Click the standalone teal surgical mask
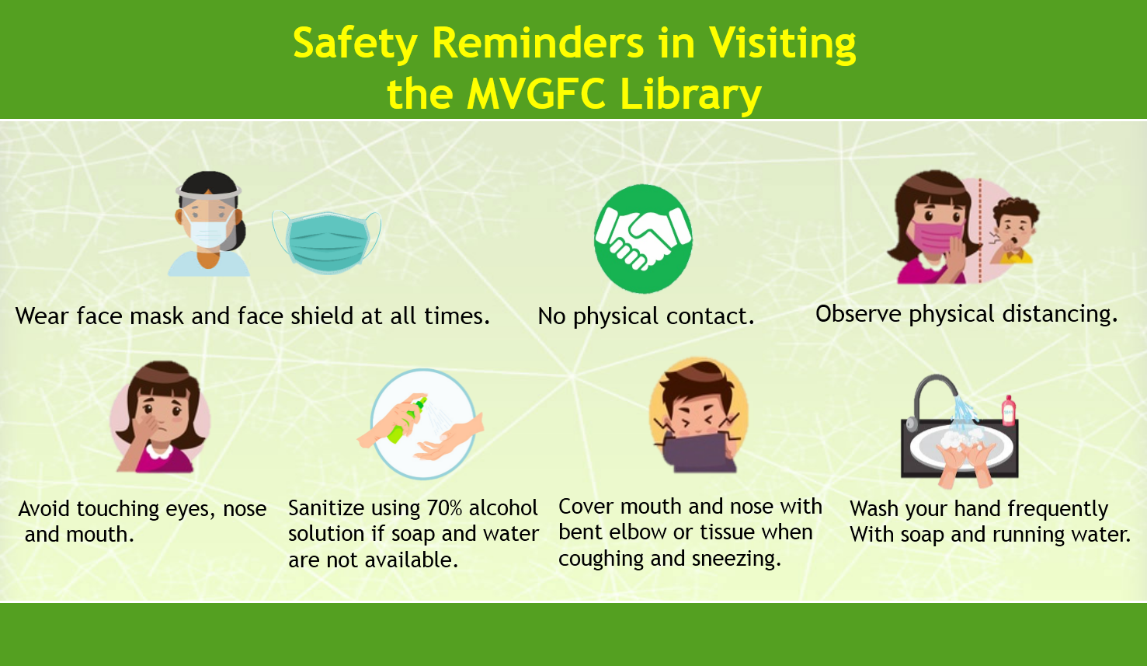(x=327, y=242)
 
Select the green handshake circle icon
(x=643, y=239)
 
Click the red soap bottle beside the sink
(x=1008, y=410)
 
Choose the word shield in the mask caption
(x=322, y=316)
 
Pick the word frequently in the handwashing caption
(x=1058, y=510)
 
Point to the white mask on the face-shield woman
(x=210, y=229)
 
